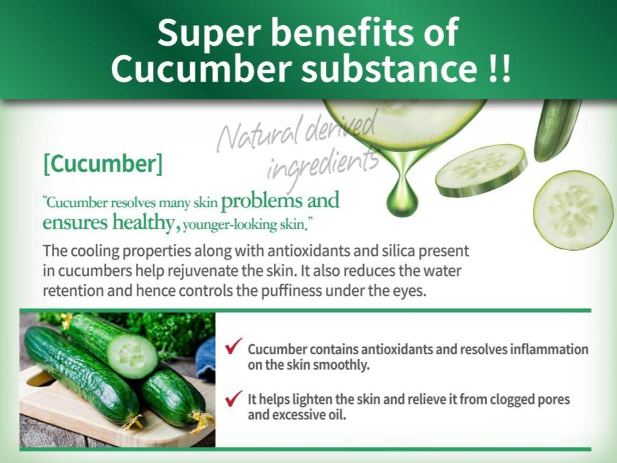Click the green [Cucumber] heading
point(103,163)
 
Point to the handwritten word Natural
point(260,136)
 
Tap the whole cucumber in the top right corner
point(557,130)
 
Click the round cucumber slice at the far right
point(573,210)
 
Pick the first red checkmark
point(233,346)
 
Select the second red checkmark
point(233,398)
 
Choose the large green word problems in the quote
point(262,201)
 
